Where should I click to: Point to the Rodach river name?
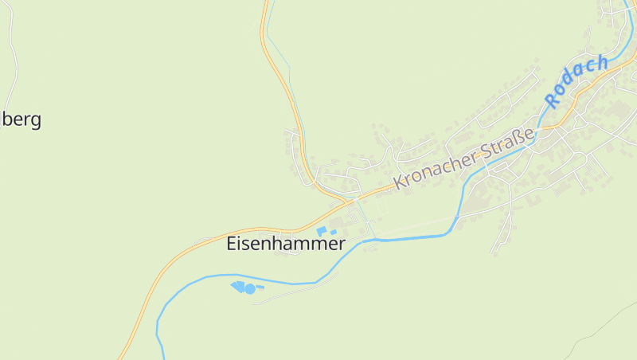click(x=577, y=80)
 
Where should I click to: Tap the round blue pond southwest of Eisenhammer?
click(x=250, y=288)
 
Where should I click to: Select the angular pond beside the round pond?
click(x=237, y=285)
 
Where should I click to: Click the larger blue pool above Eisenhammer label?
click(x=322, y=231)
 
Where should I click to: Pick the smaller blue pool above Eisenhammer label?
click(x=334, y=232)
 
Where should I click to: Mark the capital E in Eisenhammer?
click(x=233, y=244)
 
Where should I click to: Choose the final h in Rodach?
click(x=602, y=61)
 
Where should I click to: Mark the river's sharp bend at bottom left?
click(x=159, y=319)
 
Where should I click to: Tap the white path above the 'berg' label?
click(x=14, y=56)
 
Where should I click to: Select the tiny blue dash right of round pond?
click(x=260, y=287)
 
